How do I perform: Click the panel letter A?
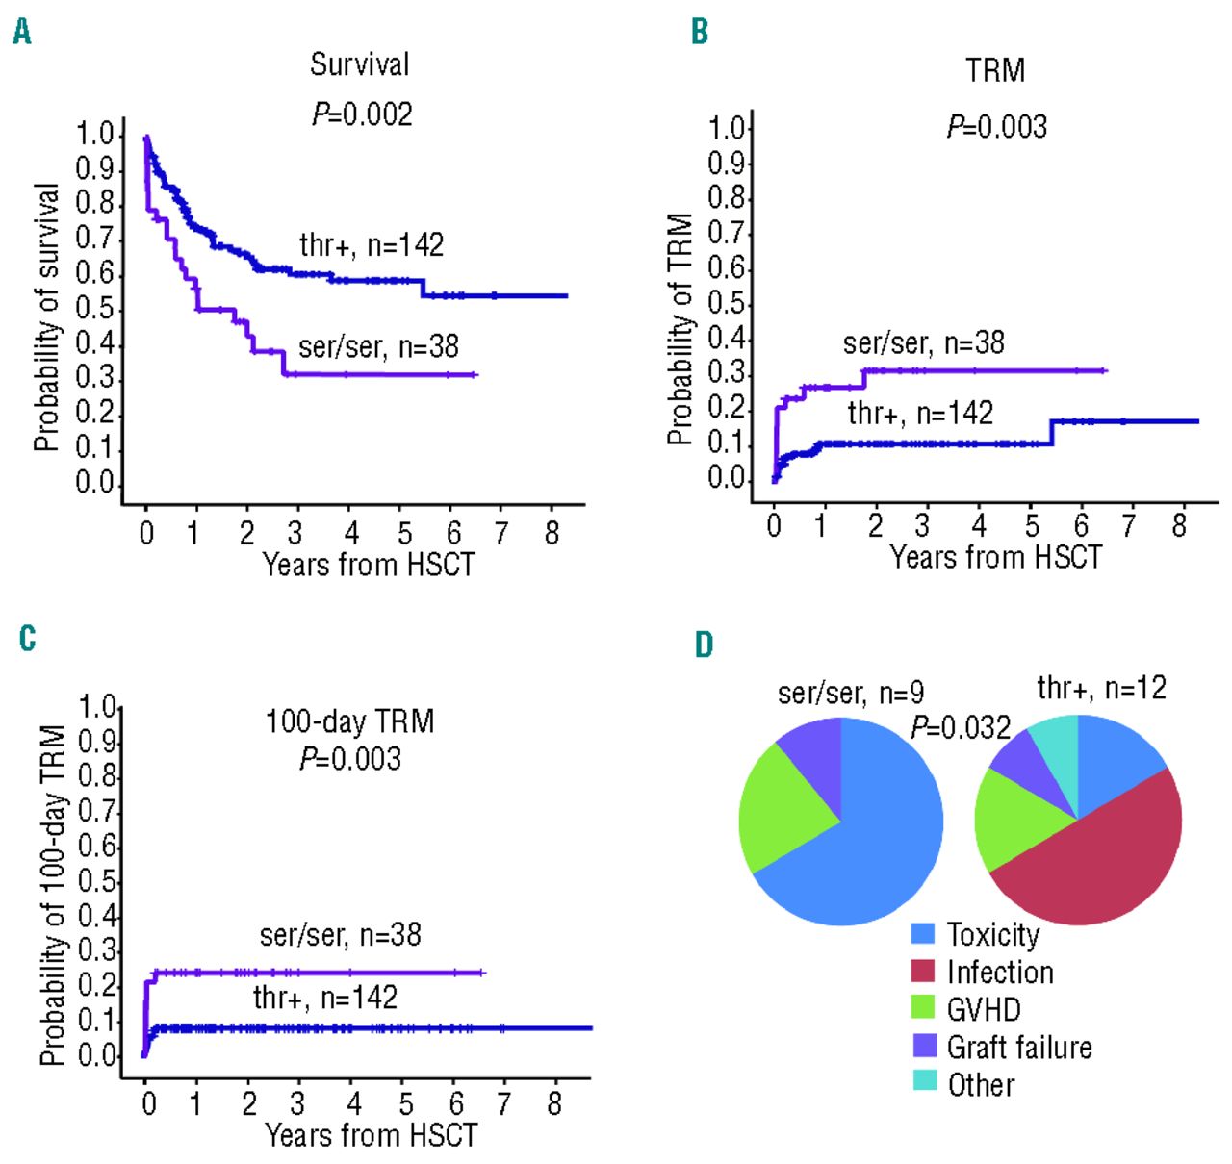tap(22, 33)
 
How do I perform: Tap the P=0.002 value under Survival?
tap(362, 114)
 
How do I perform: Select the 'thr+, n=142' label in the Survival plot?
tap(372, 245)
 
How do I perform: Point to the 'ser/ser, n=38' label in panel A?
tap(378, 346)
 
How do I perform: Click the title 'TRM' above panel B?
tap(995, 70)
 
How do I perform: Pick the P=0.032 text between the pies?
tap(961, 727)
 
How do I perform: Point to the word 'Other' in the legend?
tap(981, 1084)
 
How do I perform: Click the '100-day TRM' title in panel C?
tap(349, 721)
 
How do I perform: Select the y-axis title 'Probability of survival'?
tap(46, 317)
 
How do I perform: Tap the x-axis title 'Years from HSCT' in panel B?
tap(995, 557)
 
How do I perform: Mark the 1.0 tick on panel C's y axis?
tap(97, 707)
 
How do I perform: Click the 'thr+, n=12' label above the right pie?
tap(1101, 688)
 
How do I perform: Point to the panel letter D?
tap(704, 645)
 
